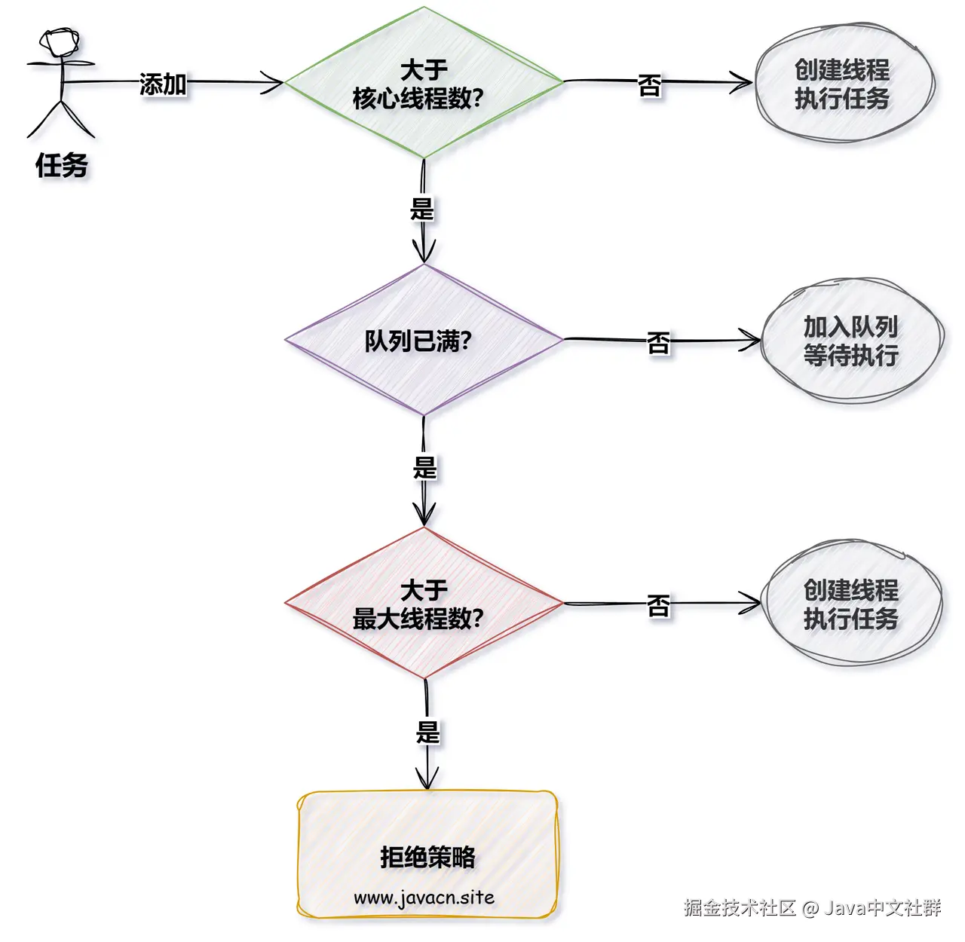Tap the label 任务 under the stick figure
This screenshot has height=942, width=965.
pos(62,165)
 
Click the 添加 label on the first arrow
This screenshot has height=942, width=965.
pos(163,84)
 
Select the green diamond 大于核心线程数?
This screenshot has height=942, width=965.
pos(424,83)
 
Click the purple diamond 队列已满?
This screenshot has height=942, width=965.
pos(424,340)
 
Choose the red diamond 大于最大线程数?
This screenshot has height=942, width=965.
pos(424,604)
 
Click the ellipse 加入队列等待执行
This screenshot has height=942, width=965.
pos(851,341)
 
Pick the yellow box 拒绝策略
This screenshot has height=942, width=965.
pos(427,855)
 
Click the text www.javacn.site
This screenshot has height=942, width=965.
pos(424,898)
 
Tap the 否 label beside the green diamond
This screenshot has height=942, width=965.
pos(650,84)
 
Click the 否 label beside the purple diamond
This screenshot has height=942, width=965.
pos(658,343)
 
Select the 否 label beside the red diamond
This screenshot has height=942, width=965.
pos(658,605)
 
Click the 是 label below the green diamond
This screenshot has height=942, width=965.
pos(422,209)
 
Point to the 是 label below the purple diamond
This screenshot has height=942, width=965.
pos(424,467)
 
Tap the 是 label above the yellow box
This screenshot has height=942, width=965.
pos(427,731)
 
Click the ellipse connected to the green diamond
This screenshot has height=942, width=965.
pos(844,83)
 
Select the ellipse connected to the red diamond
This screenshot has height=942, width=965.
pos(851,604)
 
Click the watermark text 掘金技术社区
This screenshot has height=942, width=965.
pos(740,907)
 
